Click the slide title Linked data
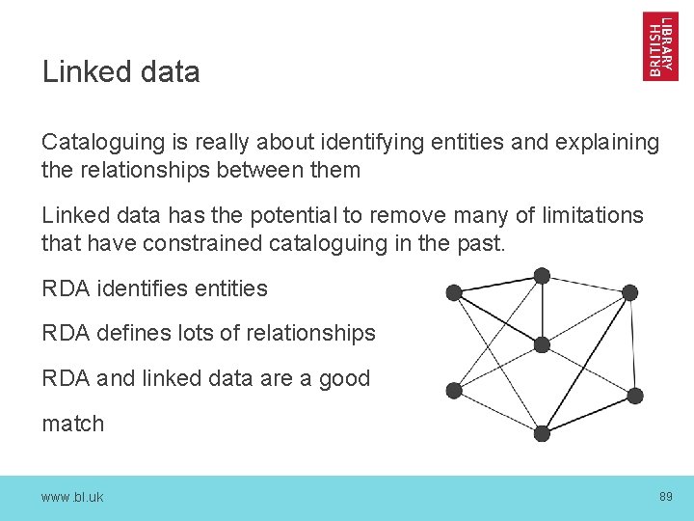(x=120, y=72)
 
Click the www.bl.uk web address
(x=72, y=497)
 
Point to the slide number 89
(x=665, y=496)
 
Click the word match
(x=72, y=424)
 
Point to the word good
(x=344, y=378)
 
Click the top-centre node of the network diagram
(x=542, y=276)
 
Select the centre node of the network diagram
(x=542, y=344)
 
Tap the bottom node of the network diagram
(x=542, y=434)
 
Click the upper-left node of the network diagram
(x=454, y=292)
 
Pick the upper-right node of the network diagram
(x=629, y=292)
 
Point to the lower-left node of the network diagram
(x=454, y=390)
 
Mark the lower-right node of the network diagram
(x=634, y=396)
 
